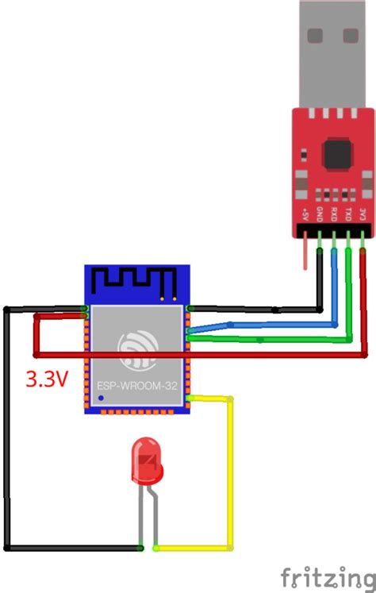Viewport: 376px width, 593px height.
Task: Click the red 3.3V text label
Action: [46, 379]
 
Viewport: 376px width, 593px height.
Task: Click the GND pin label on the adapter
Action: [319, 214]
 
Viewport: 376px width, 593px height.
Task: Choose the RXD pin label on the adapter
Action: [334, 214]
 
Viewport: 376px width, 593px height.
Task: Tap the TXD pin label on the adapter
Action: [348, 214]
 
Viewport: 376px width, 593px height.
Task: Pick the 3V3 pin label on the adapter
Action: [363, 214]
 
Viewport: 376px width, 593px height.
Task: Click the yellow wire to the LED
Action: [232, 476]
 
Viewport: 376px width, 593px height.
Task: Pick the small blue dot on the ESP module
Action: [100, 397]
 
